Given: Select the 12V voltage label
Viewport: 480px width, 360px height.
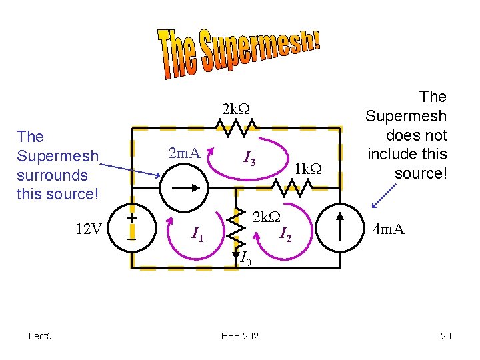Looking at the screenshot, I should coord(89,229).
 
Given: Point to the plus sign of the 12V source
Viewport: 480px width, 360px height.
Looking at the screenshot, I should coord(132,218).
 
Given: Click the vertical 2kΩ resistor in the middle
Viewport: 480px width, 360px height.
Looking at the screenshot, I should coord(236,227).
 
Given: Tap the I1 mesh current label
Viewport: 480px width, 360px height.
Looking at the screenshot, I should coord(197,234).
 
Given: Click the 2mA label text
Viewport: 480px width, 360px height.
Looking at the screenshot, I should coord(185,154).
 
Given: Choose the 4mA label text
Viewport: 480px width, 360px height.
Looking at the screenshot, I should coord(389,229).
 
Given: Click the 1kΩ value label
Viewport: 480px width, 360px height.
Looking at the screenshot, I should coord(308,169).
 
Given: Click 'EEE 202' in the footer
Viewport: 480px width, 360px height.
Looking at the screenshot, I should coord(239,335).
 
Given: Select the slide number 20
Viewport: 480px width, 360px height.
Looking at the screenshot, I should coord(445,335).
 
